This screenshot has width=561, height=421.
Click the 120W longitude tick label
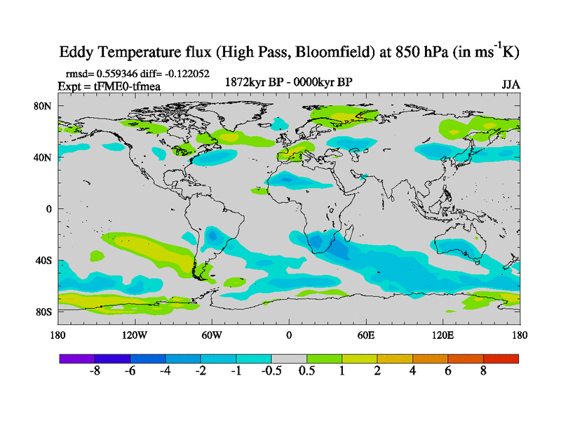coord(135,335)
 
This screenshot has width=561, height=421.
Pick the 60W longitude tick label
coord(212,335)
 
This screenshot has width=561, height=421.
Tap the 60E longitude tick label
coord(366,335)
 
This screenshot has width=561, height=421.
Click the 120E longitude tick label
coord(443,335)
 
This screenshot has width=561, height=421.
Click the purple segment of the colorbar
coord(77,359)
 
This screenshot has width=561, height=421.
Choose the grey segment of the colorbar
coord(289,359)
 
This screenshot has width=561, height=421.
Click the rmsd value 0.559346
coord(119,73)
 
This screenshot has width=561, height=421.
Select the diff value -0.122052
coord(185,73)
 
